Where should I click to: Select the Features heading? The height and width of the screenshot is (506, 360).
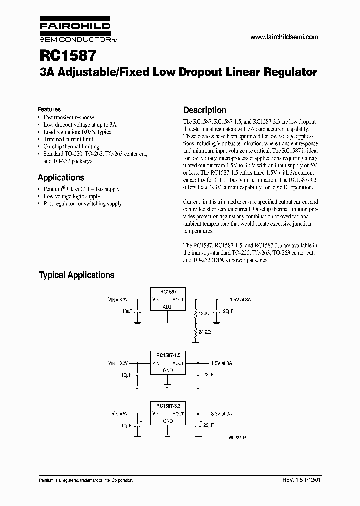(49, 109)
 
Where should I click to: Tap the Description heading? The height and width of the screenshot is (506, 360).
(204, 110)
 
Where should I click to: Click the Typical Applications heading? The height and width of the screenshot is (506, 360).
(76, 275)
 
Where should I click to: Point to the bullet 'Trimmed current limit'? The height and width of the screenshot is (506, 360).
(68, 139)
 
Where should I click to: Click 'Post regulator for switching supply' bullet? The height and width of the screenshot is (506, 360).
(82, 203)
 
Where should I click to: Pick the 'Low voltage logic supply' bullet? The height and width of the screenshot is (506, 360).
(71, 196)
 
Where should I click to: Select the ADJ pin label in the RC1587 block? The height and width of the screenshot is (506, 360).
(167, 307)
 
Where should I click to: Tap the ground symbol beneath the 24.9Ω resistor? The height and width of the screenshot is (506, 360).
(195, 343)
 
